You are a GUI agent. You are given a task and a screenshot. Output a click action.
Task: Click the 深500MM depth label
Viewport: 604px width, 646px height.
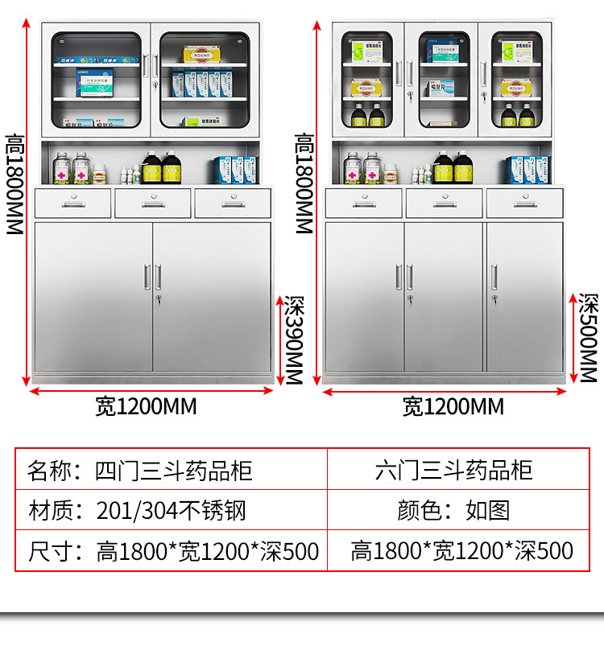pos(589,337)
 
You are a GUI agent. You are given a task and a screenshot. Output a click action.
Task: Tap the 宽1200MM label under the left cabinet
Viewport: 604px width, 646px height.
pos(146,406)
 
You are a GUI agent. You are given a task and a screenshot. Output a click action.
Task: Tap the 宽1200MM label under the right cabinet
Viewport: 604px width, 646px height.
pos(453,406)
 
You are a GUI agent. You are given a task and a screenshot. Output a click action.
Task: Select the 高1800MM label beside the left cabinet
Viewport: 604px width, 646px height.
pos(14,185)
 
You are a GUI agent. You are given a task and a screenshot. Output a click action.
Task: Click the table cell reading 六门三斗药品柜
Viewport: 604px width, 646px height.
pos(454,470)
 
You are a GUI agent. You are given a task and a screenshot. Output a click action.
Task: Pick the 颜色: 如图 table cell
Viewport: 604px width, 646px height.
pos(453,510)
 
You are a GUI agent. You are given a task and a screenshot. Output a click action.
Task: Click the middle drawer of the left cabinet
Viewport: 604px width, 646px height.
pos(153,204)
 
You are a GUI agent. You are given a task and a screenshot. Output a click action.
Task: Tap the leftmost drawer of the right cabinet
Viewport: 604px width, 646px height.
pos(363,204)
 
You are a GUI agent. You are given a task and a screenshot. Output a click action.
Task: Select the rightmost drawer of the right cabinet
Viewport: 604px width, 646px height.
pos(524,204)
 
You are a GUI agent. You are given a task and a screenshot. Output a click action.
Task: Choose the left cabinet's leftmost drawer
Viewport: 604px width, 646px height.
pos(73,204)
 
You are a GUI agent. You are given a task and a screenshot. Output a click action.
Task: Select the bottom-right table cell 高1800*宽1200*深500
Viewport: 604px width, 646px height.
pos(461,551)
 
